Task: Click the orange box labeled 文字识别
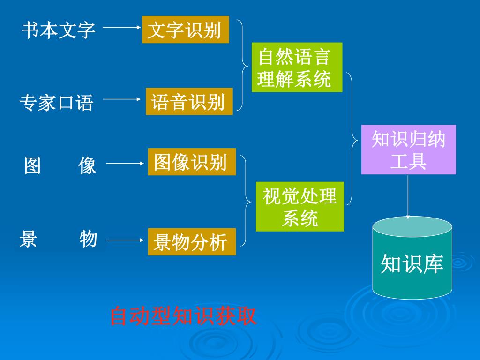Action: coord(185,30)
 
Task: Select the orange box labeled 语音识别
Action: coord(189,101)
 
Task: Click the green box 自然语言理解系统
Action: coord(297,67)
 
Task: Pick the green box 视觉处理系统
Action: coord(300,207)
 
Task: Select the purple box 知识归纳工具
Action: coord(408,150)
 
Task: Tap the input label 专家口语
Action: coord(57,102)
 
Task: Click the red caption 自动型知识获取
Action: coord(183,316)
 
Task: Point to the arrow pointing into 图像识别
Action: coord(125,164)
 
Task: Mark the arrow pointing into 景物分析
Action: coord(125,240)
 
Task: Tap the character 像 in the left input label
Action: coord(87,165)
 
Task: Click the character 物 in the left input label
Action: coord(88,239)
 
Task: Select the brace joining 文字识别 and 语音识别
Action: coord(242,65)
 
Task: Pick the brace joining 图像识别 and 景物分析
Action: coord(246,202)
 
